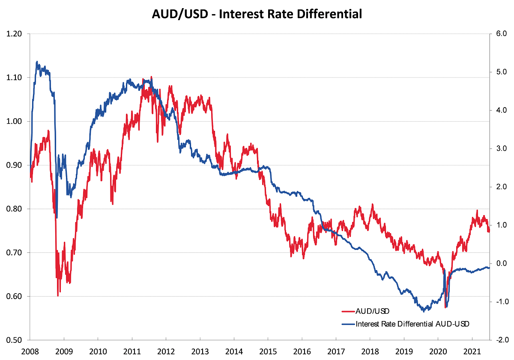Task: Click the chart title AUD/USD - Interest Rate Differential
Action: click(x=257, y=14)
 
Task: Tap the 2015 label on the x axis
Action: click(x=268, y=350)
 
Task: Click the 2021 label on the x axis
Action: click(x=472, y=350)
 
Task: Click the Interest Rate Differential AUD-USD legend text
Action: click(x=412, y=324)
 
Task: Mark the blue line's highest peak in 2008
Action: click(x=37, y=61)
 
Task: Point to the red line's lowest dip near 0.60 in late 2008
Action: click(x=58, y=296)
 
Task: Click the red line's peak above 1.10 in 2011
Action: click(x=151, y=77)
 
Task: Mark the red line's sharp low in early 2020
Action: click(x=445, y=307)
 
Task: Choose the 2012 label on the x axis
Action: click(x=166, y=350)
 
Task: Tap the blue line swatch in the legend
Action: click(x=348, y=324)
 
